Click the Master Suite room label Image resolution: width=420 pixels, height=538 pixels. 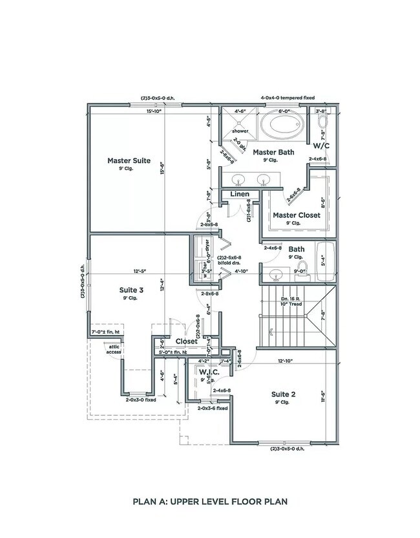tap(129, 160)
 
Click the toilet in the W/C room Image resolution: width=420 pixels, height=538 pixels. tap(323, 122)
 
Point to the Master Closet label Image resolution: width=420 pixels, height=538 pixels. tap(296, 215)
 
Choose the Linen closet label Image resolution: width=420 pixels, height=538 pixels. tap(240, 194)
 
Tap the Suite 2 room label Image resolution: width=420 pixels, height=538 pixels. tap(284, 394)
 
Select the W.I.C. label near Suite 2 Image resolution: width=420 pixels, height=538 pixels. tap(210, 372)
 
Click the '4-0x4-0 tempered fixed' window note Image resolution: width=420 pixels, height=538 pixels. tap(288, 98)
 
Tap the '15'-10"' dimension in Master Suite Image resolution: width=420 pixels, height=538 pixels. tap(154, 111)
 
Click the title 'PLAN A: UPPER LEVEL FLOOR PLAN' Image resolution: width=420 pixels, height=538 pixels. tap(210, 500)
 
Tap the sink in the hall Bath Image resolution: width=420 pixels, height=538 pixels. tap(277, 274)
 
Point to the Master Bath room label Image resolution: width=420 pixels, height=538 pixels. tap(273, 153)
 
